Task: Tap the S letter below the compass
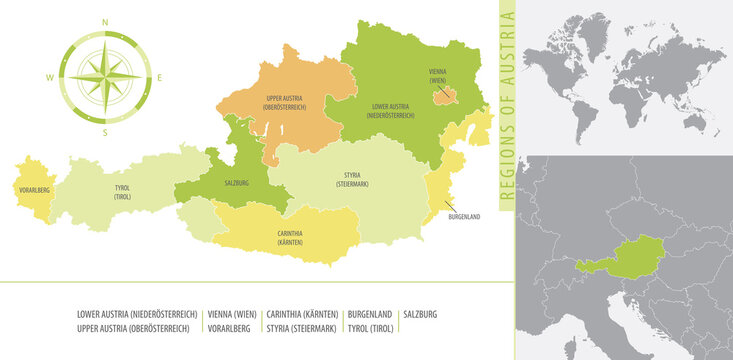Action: [x=105, y=132]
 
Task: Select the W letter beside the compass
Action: [x=48, y=77]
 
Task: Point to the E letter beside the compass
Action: [x=160, y=77]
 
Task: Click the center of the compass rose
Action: [x=105, y=76]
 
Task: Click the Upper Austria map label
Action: [x=285, y=102]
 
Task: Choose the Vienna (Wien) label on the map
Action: [x=438, y=75]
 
